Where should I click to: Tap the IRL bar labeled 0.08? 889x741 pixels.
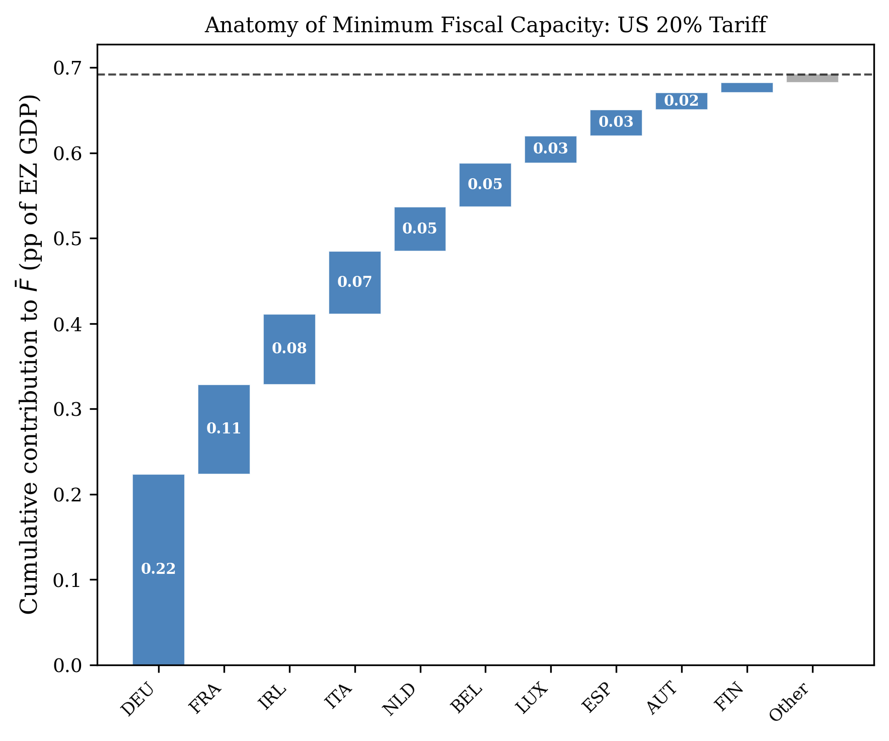tap(289, 348)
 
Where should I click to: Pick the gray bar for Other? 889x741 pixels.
tap(812, 78)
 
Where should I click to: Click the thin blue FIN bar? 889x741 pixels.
tap(747, 88)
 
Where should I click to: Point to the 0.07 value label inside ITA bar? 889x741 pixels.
tap(354, 282)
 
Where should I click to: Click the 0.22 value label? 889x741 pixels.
tap(158, 569)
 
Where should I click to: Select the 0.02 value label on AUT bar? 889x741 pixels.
tap(681, 101)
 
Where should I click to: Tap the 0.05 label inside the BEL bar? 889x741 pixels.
tap(485, 184)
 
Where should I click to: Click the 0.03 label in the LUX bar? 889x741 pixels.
tap(550, 149)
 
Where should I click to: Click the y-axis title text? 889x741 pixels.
tap(29, 354)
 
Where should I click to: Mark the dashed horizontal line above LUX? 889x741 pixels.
tap(550, 75)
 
